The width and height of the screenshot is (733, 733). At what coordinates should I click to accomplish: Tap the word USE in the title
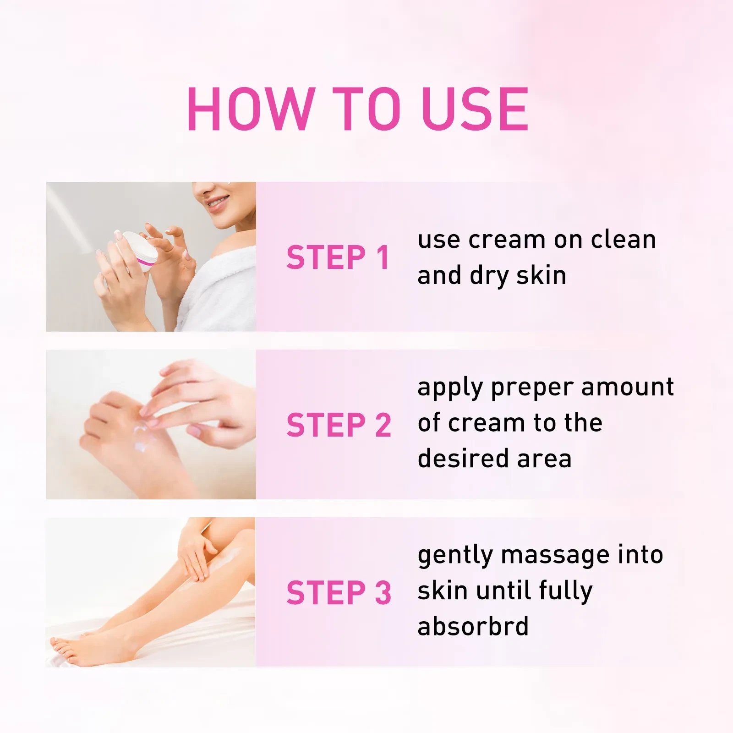[x=475, y=109]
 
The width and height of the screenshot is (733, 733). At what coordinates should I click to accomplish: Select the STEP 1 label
[x=338, y=257]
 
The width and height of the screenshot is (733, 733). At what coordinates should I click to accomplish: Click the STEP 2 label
[x=339, y=425]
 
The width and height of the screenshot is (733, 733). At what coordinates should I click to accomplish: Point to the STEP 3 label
[x=339, y=592]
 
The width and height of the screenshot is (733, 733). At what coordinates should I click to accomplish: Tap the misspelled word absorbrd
[x=473, y=626]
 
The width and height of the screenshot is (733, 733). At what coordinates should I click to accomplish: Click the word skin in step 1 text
[x=541, y=276]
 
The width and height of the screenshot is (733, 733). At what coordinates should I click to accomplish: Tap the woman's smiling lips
[x=217, y=202]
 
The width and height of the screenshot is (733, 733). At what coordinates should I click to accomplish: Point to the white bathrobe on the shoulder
[x=224, y=284]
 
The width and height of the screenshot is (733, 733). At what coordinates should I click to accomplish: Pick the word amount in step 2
[x=628, y=387]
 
